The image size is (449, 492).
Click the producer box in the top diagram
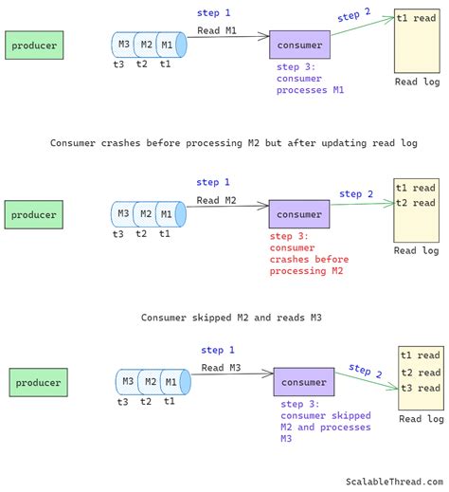point(34,45)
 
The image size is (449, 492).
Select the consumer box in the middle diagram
point(299,214)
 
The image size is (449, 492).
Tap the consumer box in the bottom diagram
point(304,382)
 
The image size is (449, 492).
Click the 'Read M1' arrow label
point(219,30)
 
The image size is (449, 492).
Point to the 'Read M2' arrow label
point(218,200)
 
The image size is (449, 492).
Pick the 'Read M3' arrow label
point(222,368)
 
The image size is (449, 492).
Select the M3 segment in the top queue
point(122,45)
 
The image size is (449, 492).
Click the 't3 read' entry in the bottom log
point(421,389)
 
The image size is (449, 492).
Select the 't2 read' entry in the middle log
point(416,203)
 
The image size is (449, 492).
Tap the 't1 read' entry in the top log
point(416,18)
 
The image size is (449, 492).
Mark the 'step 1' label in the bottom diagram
point(218,350)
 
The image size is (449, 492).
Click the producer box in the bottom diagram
point(39,383)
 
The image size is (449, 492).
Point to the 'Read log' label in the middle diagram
point(417,251)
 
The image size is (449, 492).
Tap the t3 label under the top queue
point(118,64)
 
